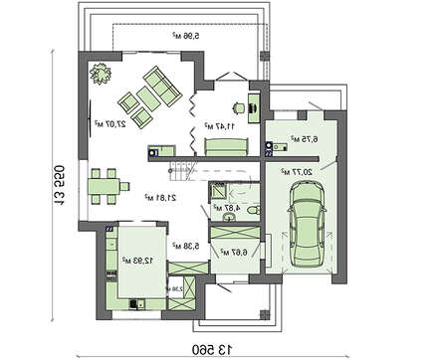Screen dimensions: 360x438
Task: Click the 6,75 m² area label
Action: (x=304, y=140)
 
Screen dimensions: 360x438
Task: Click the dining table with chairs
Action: (x=103, y=185)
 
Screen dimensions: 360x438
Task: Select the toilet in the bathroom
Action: (x=252, y=209)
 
